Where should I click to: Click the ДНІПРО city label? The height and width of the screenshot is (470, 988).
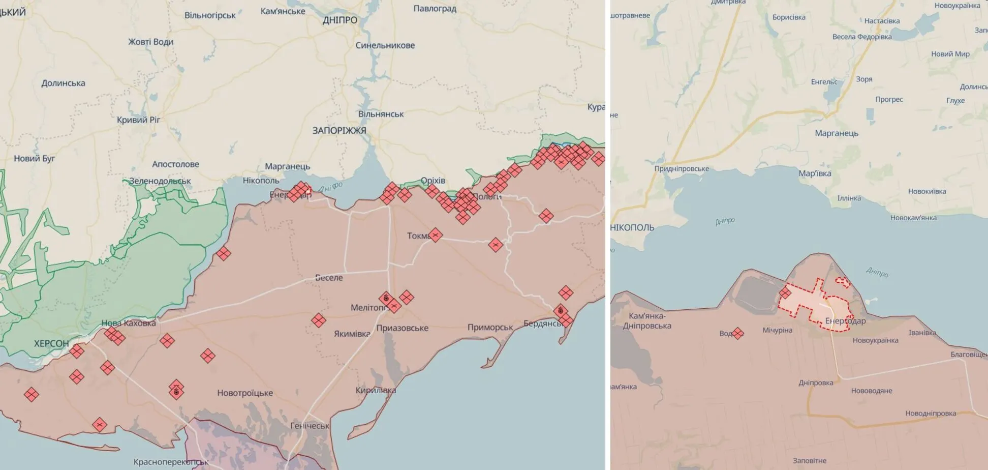(339, 20)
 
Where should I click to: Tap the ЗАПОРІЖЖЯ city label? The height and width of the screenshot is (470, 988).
(339, 131)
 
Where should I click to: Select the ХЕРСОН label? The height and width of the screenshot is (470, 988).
(51, 344)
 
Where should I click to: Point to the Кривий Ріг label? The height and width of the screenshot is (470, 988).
(138, 120)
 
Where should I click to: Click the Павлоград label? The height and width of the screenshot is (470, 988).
(435, 9)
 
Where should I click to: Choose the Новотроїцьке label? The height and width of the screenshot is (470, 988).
(245, 393)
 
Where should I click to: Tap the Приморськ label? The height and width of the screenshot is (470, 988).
(490, 328)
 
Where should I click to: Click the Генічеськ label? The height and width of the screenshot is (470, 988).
(310, 426)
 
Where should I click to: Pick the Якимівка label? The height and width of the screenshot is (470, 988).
(352, 334)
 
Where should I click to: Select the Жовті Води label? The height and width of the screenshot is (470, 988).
(150, 42)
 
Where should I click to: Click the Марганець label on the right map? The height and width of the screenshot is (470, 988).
(837, 133)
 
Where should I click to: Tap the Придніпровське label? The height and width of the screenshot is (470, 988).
(682, 169)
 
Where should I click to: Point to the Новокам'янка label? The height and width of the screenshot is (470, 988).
(913, 218)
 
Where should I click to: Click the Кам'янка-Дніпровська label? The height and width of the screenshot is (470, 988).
(647, 321)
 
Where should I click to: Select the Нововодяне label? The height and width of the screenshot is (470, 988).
(872, 391)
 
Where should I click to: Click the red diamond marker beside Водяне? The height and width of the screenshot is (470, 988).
(738, 333)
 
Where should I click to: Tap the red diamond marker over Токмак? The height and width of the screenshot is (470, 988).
(435, 235)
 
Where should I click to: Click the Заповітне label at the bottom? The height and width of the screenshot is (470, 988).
(810, 461)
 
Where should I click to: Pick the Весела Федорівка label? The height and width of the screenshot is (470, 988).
(862, 37)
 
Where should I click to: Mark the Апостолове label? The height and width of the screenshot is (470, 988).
(175, 164)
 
